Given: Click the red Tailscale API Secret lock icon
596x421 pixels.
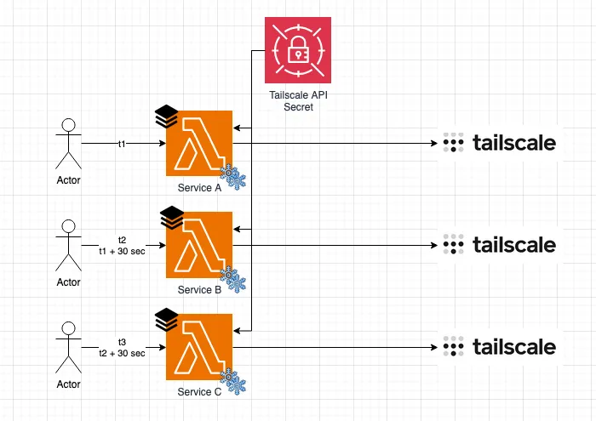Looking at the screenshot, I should coord(298,49).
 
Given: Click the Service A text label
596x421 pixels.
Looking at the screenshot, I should coord(200,187).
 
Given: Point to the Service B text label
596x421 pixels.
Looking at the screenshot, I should coord(200,290).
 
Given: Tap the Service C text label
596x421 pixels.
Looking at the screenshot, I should coord(200,391).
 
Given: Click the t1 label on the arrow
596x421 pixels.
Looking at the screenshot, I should coord(122,145).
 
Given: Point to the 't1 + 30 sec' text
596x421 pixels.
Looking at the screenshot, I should coord(122,251).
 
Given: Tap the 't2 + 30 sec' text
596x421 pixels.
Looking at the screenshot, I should coord(122,353).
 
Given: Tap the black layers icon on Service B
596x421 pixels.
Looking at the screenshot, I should coord(172,217).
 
